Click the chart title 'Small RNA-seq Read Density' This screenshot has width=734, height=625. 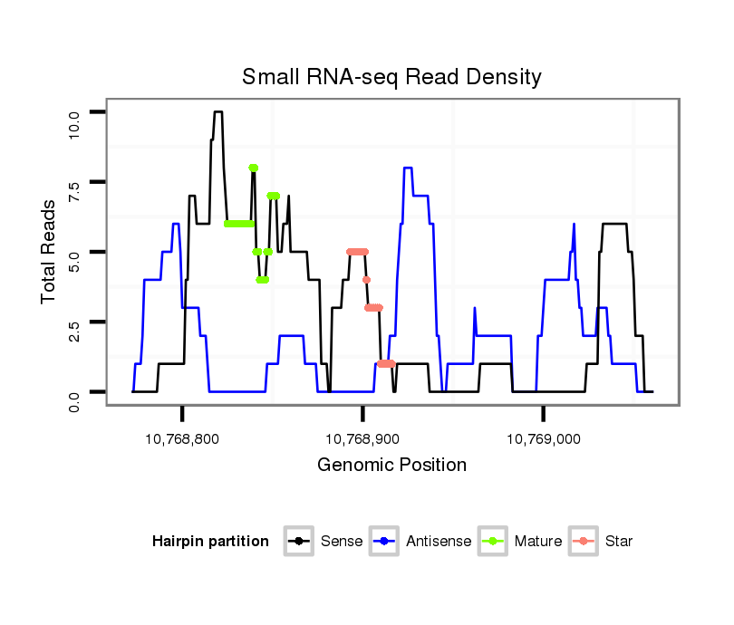pos(391,77)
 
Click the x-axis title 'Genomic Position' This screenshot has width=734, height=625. pos(391,466)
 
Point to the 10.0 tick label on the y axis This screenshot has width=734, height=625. pos(75,112)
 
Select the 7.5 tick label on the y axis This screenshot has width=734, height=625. pos(75,182)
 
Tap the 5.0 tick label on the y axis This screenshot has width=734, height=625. pos(75,252)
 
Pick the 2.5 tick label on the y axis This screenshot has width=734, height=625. pos(75,322)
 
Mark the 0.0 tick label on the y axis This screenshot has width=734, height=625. pos(75,391)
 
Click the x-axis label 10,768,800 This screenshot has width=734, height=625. pos(183,439)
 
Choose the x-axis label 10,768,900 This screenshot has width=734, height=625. pos(363,439)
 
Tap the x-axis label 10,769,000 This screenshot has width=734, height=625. pos(544,439)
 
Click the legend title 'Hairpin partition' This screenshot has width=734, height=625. pos(210,542)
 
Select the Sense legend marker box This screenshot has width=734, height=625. pos(298,542)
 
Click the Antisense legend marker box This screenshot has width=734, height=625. pos(384,542)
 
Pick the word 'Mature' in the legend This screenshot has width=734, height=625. pos(538,542)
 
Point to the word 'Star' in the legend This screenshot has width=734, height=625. pos(620,542)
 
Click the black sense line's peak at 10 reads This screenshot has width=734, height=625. pos(217,112)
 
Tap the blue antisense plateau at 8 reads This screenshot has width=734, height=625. pos(408,168)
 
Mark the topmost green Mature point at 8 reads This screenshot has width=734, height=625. pos(254,168)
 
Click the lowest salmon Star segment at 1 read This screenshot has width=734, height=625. pos(386,363)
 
